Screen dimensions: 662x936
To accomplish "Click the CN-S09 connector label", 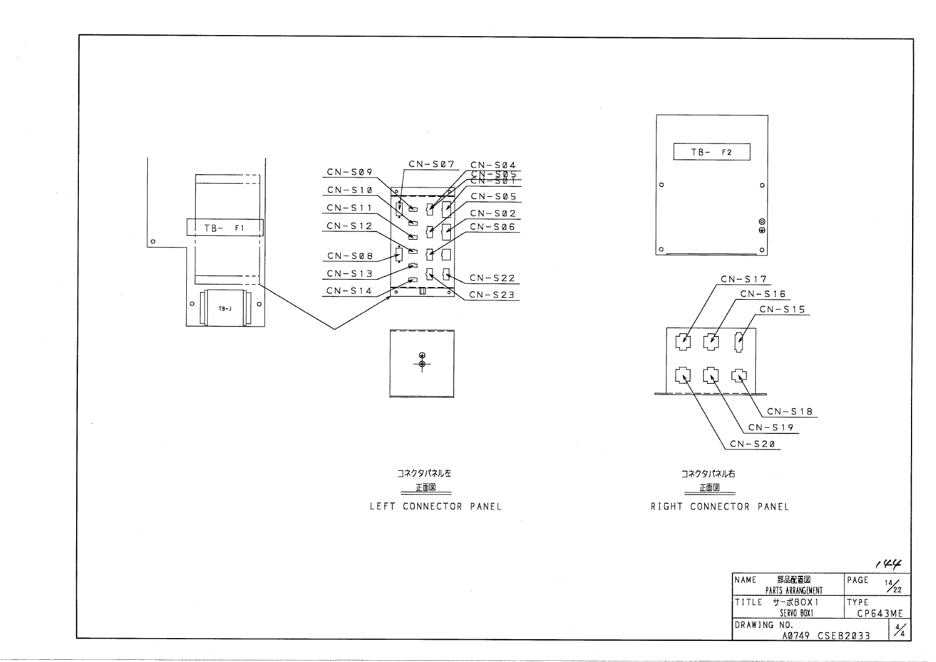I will (350, 172).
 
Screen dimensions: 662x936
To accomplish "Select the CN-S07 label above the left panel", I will (431, 164).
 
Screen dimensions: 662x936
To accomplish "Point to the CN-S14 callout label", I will (349, 291).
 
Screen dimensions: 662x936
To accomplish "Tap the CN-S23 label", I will (492, 295).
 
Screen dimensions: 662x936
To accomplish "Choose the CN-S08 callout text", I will (350, 256).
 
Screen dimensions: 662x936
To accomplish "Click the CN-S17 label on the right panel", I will (744, 279).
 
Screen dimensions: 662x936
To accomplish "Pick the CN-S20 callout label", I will (753, 444).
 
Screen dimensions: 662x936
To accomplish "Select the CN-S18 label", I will (790, 412).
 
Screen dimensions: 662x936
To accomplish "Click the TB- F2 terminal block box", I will (711, 152).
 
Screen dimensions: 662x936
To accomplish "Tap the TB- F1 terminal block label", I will (225, 228).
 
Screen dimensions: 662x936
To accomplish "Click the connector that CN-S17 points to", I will (683, 341).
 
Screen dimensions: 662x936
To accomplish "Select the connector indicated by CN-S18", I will (739, 376).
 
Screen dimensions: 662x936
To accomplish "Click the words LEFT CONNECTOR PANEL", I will (436, 507).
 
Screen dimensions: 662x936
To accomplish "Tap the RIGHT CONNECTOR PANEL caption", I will (720, 507).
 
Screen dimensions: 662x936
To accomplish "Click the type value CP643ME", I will (880, 614).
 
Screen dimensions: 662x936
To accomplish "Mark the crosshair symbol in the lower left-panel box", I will (422, 364).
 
